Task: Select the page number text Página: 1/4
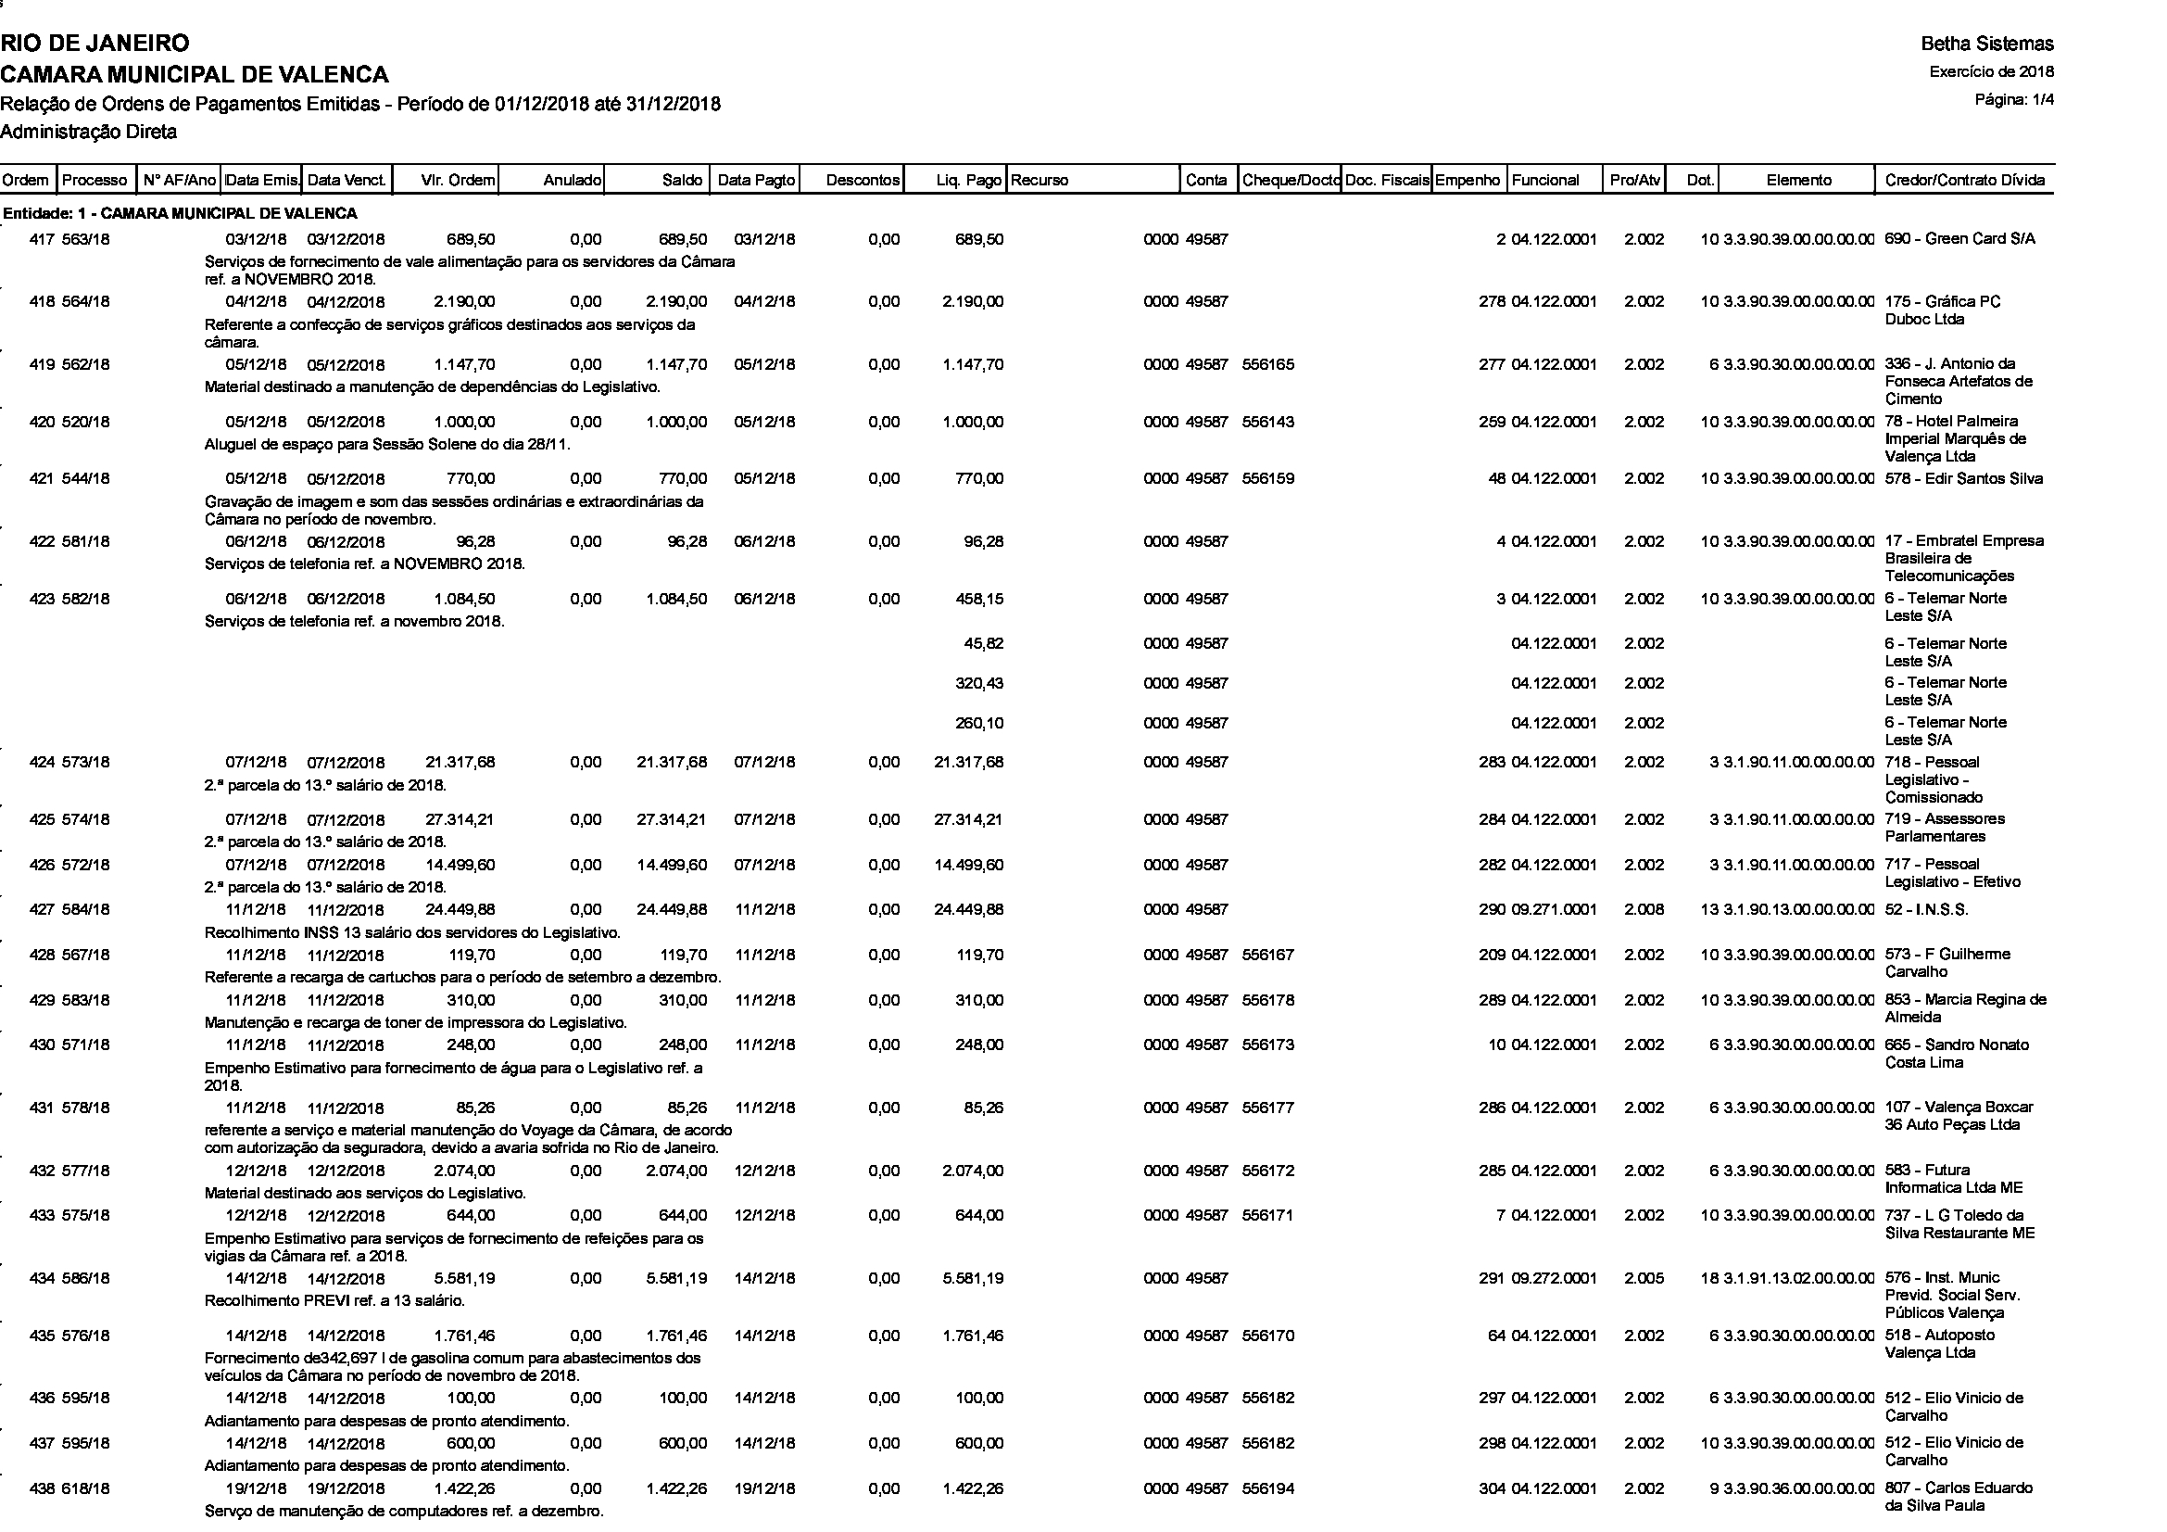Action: [x=2014, y=100]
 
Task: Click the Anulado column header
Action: [x=572, y=181]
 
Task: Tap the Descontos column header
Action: [x=862, y=181]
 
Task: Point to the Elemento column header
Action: [x=1799, y=181]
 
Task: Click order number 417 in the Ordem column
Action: [x=42, y=240]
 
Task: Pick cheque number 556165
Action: [x=1267, y=364]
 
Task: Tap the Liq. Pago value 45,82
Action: [x=982, y=644]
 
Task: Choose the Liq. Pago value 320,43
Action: [x=978, y=683]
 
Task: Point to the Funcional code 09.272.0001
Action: [x=1554, y=1279]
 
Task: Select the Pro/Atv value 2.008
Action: [x=1644, y=910]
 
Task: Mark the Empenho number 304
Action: [x=1493, y=1488]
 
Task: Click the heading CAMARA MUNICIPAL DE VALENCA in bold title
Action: [x=195, y=74]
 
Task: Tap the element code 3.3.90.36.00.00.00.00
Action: [x=1798, y=1488]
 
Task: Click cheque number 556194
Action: [x=1267, y=1488]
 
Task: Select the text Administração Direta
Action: [x=89, y=133]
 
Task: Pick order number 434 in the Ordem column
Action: [x=42, y=1279]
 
